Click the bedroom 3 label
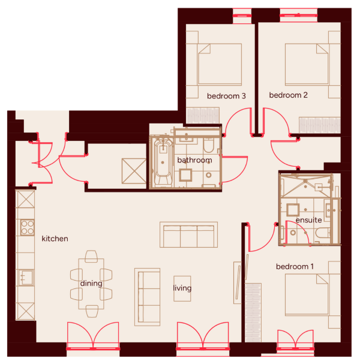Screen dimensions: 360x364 [x=226, y=96]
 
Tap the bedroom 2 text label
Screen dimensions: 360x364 [x=288, y=95]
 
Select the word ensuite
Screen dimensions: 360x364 [x=308, y=220]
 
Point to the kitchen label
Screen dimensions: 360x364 [x=55, y=239]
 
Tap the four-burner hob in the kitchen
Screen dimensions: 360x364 [x=28, y=227]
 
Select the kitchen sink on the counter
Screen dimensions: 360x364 [x=26, y=278]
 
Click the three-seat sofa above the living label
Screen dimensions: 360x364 [x=188, y=234]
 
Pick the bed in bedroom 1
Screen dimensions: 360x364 [x=307, y=295]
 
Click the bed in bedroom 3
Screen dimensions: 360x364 [x=220, y=64]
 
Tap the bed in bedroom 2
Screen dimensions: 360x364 [x=307, y=64]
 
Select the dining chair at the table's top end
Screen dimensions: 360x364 [x=91, y=257]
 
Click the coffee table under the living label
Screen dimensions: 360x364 [x=182, y=288]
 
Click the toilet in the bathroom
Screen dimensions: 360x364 [x=208, y=145]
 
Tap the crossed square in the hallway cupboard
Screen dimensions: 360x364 [x=134, y=171]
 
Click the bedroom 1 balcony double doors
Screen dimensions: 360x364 [x=295, y=340]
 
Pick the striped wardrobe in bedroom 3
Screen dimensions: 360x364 [x=203, y=115]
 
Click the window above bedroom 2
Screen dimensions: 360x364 [x=298, y=16]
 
